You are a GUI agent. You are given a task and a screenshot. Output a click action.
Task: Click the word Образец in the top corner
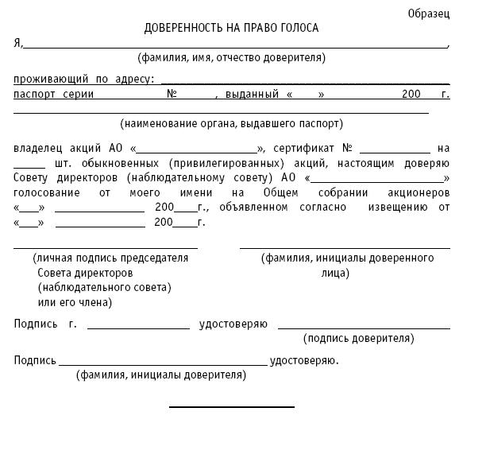(x=428, y=14)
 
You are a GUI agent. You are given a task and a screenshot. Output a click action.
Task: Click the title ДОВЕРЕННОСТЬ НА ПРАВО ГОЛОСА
(x=231, y=29)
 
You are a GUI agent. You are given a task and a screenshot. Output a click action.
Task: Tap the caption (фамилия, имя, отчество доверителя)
(x=231, y=58)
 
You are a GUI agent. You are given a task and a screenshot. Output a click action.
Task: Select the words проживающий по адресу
(x=84, y=80)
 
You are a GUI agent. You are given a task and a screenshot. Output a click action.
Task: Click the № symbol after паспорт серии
(x=172, y=94)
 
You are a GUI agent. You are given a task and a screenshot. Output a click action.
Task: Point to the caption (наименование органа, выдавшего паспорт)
(x=232, y=124)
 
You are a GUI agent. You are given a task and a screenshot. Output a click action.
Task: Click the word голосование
(x=46, y=193)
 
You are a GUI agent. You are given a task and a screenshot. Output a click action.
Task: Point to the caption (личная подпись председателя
(x=110, y=258)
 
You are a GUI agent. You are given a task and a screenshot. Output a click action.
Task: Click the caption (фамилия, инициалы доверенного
(x=347, y=258)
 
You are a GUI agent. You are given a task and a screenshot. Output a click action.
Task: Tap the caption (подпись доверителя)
(x=358, y=339)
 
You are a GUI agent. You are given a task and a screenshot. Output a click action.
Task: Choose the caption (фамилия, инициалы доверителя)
(x=161, y=374)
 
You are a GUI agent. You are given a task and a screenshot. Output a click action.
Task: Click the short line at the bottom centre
(x=231, y=407)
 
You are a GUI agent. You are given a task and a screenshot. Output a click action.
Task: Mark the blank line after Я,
(x=235, y=48)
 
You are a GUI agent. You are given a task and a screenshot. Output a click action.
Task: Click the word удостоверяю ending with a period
(x=304, y=360)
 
